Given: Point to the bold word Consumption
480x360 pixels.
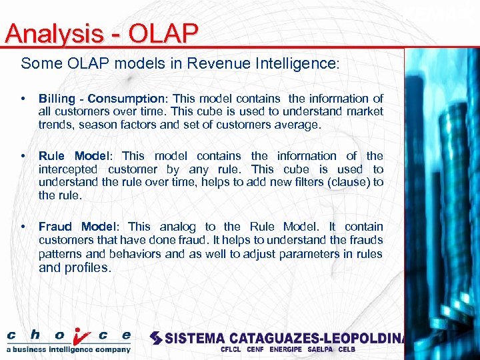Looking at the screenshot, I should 123,98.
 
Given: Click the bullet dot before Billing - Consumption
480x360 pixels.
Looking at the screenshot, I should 24,99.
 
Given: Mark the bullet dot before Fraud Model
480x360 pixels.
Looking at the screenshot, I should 24,227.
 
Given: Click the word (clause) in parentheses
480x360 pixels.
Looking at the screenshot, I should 345,183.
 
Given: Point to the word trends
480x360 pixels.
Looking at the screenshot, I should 55,125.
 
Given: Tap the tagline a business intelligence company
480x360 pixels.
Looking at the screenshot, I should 69,349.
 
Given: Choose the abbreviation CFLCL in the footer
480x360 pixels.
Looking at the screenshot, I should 232,349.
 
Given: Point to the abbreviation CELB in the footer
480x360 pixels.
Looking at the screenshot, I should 347,349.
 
